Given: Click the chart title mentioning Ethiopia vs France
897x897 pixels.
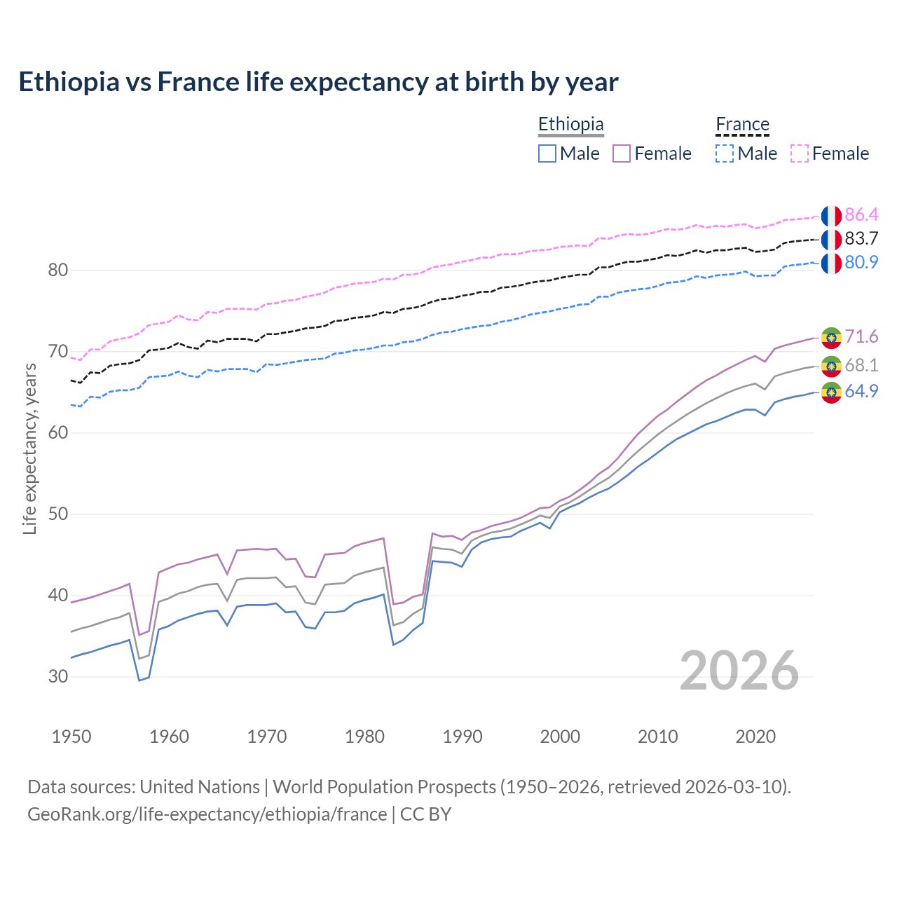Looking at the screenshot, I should [x=318, y=82].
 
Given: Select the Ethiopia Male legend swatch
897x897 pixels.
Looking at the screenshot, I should [x=547, y=153].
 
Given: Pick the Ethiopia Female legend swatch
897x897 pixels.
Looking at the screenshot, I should [x=622, y=153].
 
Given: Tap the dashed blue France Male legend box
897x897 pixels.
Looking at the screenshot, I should [x=725, y=153].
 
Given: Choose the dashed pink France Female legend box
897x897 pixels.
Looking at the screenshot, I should [x=800, y=153].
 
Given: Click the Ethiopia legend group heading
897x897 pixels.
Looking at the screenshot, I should [x=570, y=125].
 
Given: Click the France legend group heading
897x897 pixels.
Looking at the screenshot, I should [x=742, y=125].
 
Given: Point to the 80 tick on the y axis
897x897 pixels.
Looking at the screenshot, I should [x=57, y=270].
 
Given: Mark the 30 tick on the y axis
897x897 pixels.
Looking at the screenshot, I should [x=57, y=676].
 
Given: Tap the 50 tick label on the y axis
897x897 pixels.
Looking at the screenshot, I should [x=57, y=514].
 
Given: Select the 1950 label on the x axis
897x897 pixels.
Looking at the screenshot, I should [x=71, y=737].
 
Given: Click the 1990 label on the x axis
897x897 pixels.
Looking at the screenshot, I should [x=463, y=737].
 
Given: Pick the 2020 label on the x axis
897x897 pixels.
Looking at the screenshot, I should [x=755, y=737].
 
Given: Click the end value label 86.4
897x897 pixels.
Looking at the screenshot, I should [x=861, y=214].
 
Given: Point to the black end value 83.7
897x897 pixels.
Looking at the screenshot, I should [x=861, y=238].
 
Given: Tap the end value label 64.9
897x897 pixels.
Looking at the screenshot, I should [x=861, y=391].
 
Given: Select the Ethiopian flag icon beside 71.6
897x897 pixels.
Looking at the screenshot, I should [x=831, y=338].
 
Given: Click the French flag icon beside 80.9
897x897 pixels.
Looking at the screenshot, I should [x=831, y=263].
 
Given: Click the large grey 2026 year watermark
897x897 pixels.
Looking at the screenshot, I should [x=739, y=671].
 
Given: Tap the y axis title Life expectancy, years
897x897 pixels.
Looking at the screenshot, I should [x=30, y=448].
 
